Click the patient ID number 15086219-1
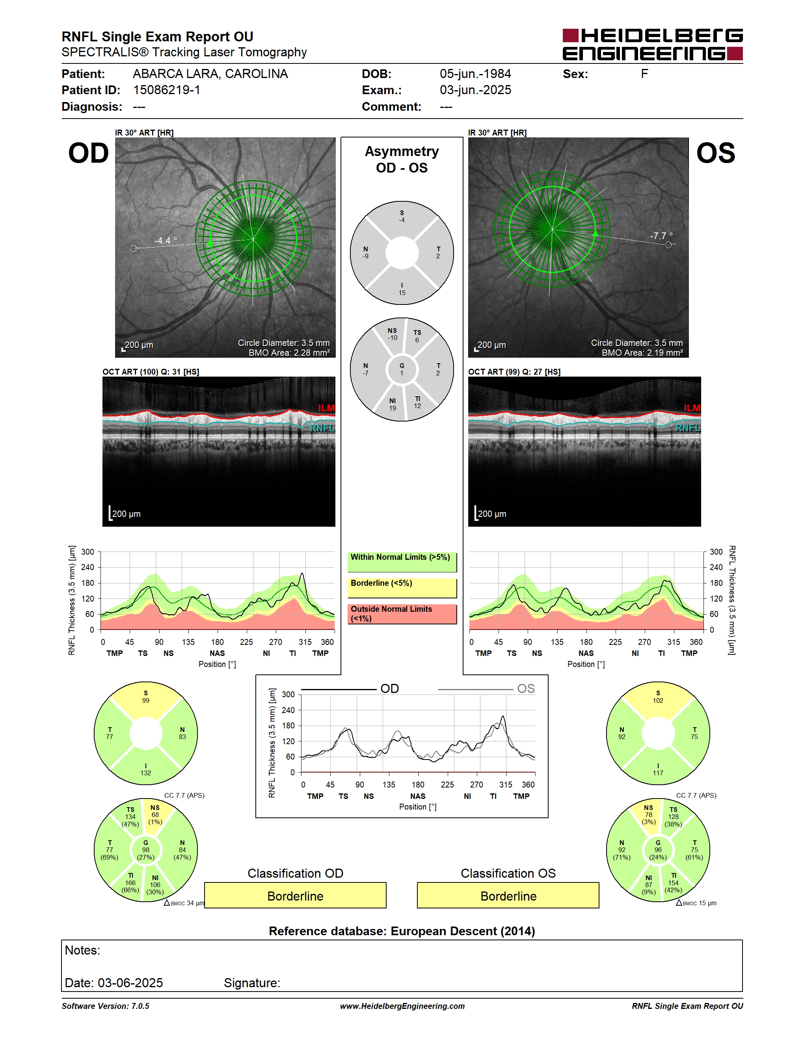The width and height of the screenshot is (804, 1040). coord(167,90)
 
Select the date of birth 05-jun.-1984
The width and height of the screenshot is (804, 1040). coord(475,74)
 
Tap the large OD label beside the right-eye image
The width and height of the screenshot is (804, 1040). coord(89,153)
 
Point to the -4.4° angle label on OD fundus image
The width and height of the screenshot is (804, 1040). coord(166,240)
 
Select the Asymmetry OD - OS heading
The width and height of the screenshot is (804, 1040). coord(402,160)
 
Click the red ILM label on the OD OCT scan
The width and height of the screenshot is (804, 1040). coord(326,408)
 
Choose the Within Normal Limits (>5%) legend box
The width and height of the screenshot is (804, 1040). coord(402,562)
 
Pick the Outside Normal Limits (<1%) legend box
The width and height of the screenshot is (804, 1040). coord(402,614)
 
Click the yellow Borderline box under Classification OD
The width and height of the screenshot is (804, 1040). coord(295,896)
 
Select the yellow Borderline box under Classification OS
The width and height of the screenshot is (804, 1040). coord(508,896)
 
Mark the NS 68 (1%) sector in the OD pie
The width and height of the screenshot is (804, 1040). coord(155,815)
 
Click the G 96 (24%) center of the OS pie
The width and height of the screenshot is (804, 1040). coord(658,850)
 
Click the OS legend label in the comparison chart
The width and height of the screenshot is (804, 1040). coord(526,689)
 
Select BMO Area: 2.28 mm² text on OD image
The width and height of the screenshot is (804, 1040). coord(289,353)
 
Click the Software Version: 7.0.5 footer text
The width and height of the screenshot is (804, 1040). coord(105,1006)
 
